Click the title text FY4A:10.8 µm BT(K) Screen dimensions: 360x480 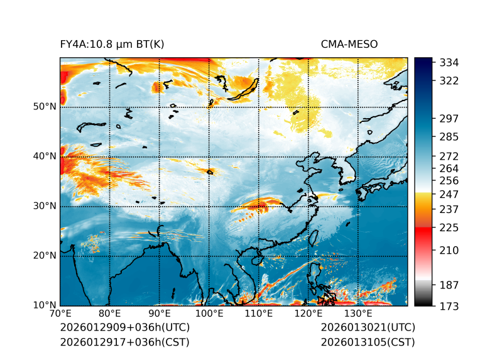[112, 44]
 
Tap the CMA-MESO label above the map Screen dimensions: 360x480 [349, 44]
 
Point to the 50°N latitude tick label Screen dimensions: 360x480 [45, 106]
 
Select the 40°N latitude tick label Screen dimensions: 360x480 [45, 156]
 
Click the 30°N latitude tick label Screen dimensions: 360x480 [45, 206]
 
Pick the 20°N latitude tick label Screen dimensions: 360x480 [45, 256]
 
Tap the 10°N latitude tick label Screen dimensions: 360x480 [45, 305]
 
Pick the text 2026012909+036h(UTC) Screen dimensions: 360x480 [124, 328]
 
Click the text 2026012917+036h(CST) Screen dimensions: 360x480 [124, 342]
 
